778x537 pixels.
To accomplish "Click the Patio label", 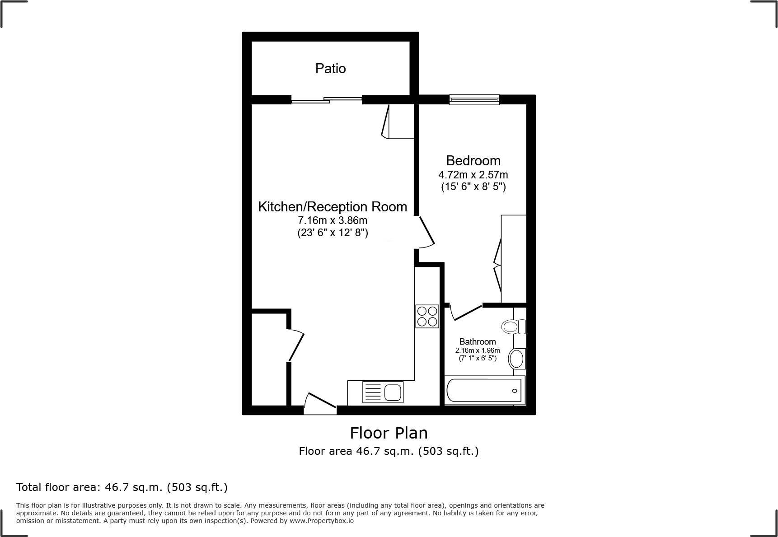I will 330,69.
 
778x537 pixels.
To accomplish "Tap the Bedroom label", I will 473,161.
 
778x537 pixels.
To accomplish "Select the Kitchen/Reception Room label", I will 333,207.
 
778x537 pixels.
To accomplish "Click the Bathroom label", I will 478,342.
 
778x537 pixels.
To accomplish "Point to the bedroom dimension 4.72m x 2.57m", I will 473,175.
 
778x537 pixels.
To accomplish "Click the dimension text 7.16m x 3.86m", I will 333,221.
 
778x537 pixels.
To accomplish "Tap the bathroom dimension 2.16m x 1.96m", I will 478,350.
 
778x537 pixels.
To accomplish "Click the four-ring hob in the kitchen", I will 427,316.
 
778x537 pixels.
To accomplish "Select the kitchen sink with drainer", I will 383,392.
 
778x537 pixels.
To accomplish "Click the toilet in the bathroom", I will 514,326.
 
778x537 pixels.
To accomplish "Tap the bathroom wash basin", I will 516,359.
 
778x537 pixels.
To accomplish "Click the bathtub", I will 484,390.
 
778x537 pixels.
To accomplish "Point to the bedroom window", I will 474,99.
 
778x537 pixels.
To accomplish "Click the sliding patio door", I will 326,100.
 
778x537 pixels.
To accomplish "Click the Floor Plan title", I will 389,433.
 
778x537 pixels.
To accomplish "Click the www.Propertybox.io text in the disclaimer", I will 321,521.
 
